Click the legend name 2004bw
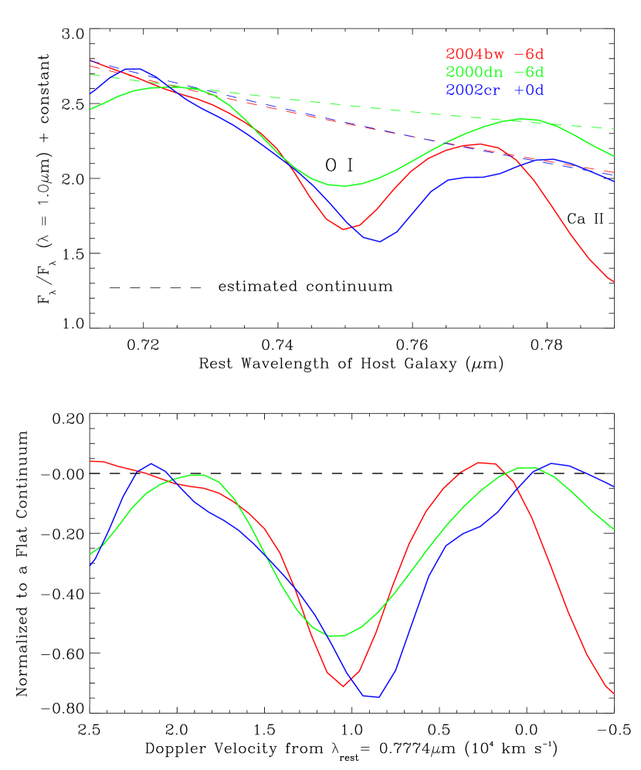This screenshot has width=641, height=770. coord(472,55)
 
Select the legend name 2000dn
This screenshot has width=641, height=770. coord(472,73)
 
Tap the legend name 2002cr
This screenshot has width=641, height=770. coord(472,90)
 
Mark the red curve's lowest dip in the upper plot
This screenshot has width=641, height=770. coord(344,229)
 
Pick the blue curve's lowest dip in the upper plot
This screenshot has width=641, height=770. coord(378,242)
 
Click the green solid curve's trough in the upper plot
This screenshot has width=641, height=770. coord(341,186)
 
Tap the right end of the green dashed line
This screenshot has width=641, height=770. coord(613,129)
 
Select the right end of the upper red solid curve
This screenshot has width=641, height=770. coord(613,282)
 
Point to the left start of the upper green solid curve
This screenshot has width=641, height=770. coord(90,109)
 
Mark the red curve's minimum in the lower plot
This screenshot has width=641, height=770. coord(344,686)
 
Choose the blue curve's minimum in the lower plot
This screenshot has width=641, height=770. coord(378,697)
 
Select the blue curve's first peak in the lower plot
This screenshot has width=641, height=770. coord(151,463)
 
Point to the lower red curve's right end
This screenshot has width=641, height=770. coord(613,694)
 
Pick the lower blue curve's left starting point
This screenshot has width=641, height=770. coord(90,565)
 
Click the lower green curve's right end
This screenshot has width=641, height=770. coord(613,529)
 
